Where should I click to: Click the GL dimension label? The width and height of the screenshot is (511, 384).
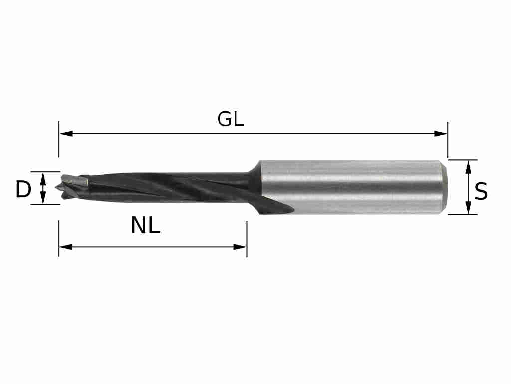[231, 119]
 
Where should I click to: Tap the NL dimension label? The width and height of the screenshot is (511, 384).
[146, 226]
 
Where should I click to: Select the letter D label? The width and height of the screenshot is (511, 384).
[23, 190]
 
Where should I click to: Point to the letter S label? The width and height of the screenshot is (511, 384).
[481, 192]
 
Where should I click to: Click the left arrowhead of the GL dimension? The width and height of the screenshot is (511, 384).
[66, 134]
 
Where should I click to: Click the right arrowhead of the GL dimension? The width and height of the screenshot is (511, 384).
[441, 134]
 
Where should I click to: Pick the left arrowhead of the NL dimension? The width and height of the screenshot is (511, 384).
[65, 247]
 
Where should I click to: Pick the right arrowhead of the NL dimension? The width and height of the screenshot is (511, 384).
[240, 247]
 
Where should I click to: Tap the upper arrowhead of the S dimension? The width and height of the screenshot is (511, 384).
[468, 167]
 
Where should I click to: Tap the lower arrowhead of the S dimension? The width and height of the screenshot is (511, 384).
[468, 208]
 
